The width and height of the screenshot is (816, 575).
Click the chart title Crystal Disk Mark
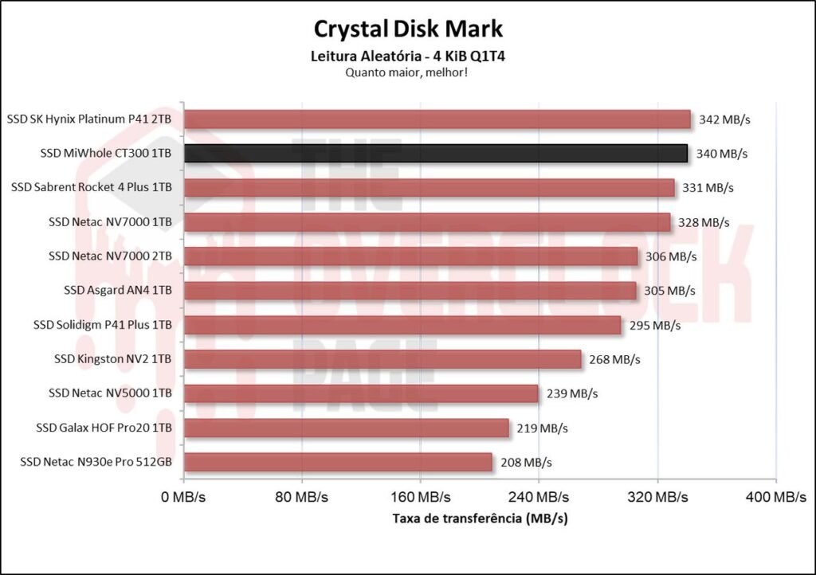(x=408, y=29)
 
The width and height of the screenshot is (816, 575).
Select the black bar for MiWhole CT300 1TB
(x=435, y=154)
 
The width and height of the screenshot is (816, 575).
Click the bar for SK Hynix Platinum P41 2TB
(x=437, y=119)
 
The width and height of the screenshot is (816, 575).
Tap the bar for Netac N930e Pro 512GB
(x=338, y=462)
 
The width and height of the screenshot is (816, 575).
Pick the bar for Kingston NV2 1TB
(x=382, y=359)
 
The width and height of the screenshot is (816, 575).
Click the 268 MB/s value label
(x=614, y=359)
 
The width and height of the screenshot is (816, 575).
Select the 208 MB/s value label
(x=526, y=462)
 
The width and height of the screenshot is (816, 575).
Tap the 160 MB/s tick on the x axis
(x=419, y=498)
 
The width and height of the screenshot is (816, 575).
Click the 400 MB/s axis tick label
(x=775, y=498)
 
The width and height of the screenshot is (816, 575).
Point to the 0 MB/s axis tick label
(x=184, y=498)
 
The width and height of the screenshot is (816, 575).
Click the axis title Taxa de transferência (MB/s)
(x=480, y=518)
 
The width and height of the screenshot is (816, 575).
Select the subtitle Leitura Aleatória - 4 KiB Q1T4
(x=408, y=57)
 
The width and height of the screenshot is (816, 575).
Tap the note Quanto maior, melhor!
(x=408, y=72)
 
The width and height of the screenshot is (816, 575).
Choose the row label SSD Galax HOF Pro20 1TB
(x=104, y=428)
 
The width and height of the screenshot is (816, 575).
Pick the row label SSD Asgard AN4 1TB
(x=118, y=291)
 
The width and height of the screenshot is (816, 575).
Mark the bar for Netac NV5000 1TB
(x=361, y=393)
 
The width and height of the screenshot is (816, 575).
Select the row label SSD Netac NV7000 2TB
(x=110, y=256)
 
